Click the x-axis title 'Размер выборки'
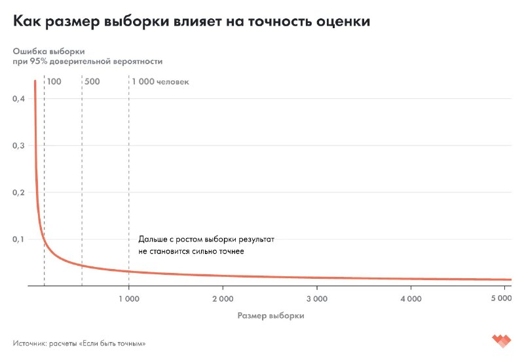(x=271, y=315)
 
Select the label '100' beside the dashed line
(x=54, y=82)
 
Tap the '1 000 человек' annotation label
(x=160, y=82)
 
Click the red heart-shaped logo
(x=501, y=342)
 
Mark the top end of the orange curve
(x=35, y=81)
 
